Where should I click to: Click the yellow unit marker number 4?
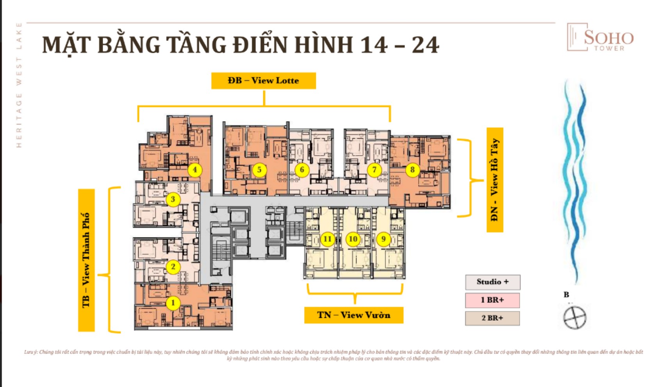[195, 170]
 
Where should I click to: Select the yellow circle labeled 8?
[412, 170]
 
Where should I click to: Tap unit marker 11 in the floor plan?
[327, 239]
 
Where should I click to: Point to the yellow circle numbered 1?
[173, 303]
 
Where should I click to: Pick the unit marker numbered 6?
[301, 170]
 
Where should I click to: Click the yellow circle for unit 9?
[383, 239]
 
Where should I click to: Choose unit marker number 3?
[173, 199]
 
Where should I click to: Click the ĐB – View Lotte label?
[264, 81]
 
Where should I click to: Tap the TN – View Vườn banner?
[354, 315]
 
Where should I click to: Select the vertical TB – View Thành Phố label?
[86, 260]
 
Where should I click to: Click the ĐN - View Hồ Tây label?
[495, 180]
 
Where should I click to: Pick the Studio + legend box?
[492, 282]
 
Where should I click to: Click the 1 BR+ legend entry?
[492, 300]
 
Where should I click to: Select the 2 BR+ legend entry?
[492, 318]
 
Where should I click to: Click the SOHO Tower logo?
[600, 38]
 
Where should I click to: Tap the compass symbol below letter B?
[575, 317]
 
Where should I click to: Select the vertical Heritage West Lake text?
[19, 85]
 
